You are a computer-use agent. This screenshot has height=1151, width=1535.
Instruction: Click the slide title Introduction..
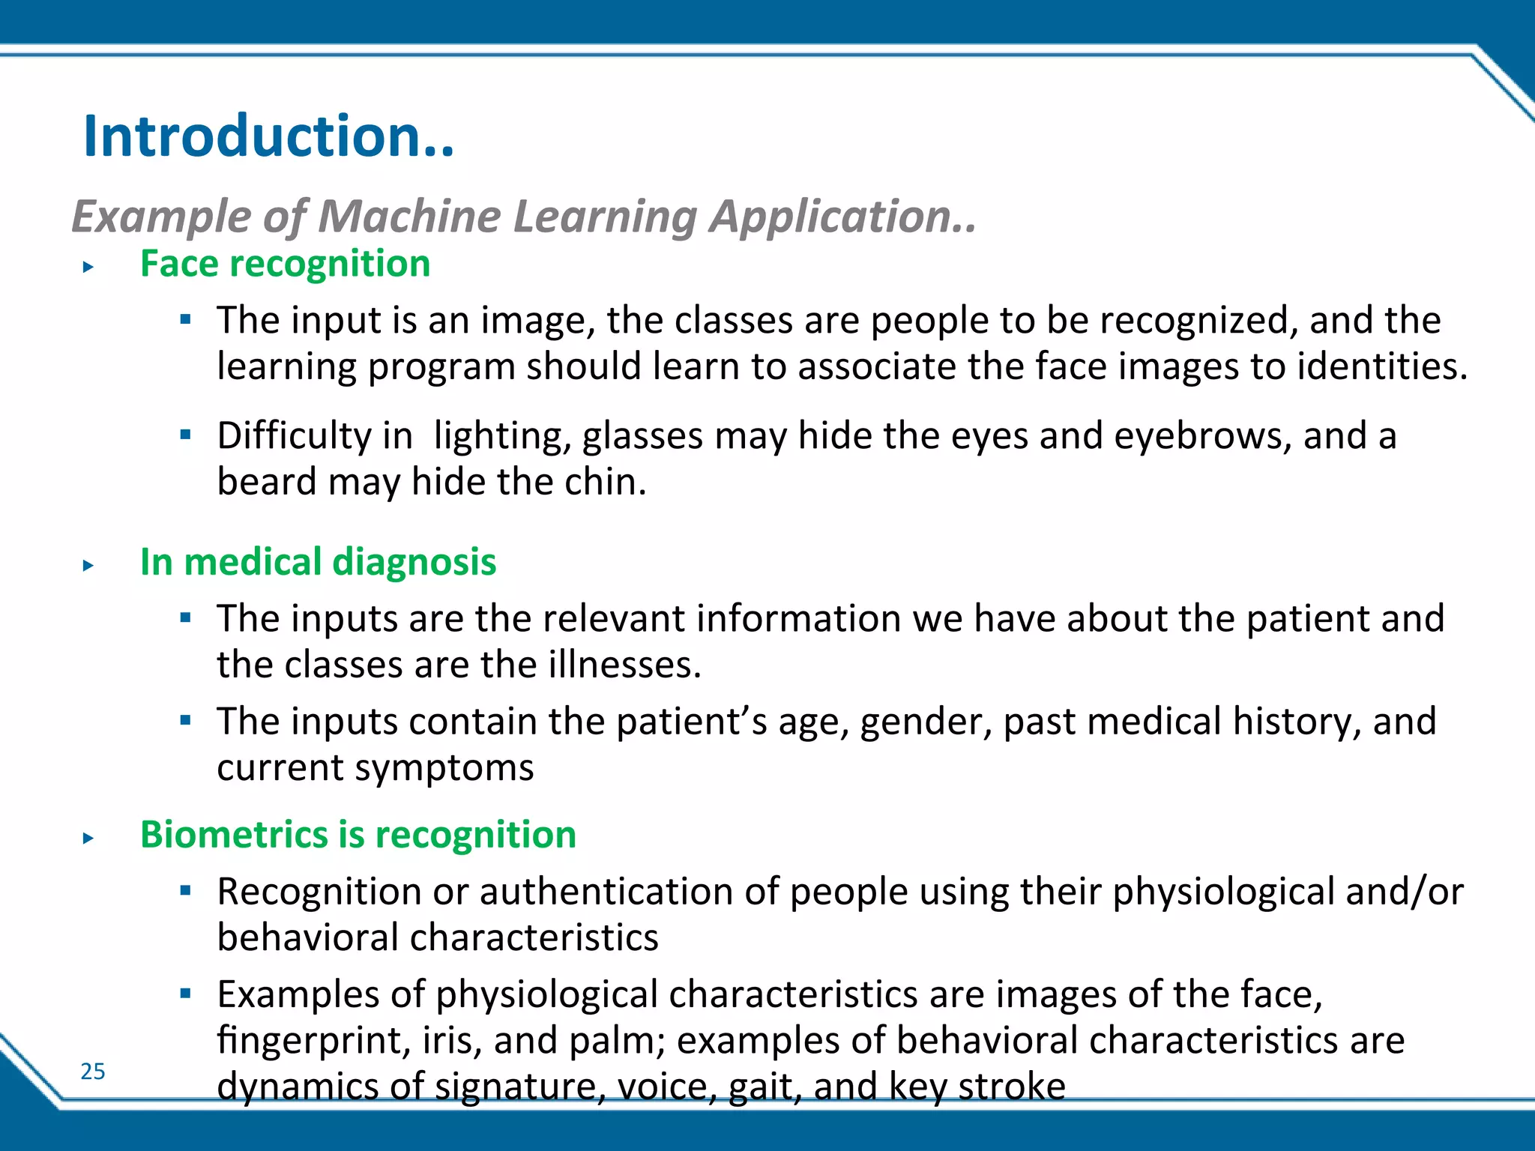tap(268, 136)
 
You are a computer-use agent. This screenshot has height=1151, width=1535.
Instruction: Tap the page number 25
tap(93, 1071)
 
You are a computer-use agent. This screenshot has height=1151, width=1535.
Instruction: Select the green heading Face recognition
tap(285, 264)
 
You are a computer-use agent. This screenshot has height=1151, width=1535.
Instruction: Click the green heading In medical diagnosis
tap(318, 562)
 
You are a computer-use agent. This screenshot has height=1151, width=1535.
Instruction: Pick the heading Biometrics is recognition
tap(358, 835)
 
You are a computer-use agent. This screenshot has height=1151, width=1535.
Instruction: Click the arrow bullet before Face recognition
tap(88, 267)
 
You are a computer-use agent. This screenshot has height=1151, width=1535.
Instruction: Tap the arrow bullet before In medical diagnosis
tap(88, 566)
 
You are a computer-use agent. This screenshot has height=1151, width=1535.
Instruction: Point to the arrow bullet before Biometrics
tap(88, 839)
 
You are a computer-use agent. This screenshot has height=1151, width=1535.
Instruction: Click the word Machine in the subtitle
tap(409, 217)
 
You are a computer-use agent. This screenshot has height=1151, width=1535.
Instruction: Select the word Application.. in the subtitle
tap(843, 217)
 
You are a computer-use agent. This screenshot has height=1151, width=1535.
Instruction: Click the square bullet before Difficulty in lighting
tap(186, 434)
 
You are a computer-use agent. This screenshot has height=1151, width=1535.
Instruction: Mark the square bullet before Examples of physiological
tap(186, 993)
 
